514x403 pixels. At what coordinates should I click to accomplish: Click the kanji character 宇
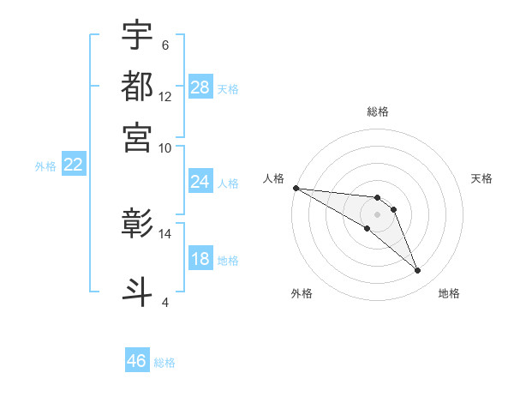click(137, 35)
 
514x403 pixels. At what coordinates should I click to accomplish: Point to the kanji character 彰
click(137, 224)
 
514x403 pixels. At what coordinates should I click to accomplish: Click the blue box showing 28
click(200, 87)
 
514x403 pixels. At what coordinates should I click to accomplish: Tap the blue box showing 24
click(200, 182)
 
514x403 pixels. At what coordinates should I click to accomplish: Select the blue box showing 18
click(200, 260)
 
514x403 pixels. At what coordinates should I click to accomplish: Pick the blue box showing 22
click(73, 165)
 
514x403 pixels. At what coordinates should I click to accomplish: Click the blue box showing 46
click(137, 361)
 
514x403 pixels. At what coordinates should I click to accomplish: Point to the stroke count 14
click(165, 233)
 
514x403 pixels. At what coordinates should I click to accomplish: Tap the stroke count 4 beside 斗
click(165, 301)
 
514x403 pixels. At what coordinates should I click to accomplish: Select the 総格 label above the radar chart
click(377, 111)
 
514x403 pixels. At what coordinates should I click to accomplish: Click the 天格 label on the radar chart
click(482, 178)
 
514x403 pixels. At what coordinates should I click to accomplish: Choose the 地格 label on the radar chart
click(449, 293)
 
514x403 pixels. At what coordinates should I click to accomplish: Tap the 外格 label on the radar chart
click(302, 293)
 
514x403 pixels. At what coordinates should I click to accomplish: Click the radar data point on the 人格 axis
click(296, 188)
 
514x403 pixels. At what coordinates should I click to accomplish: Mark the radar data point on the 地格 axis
click(418, 271)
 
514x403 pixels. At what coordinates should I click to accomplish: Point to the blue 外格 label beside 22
click(45, 166)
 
